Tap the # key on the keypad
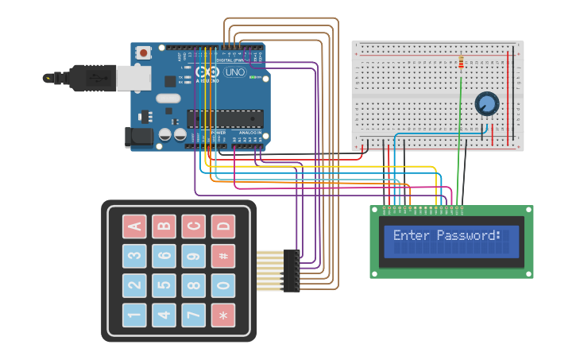pyautogui.click(x=223, y=256)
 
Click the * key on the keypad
pyautogui.click(x=223, y=315)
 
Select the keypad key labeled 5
pyautogui.click(x=164, y=285)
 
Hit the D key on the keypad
pyautogui.click(x=223, y=226)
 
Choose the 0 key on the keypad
pyautogui.click(x=223, y=285)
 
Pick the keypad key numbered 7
pyautogui.click(x=193, y=315)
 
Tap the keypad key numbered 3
pyautogui.click(x=134, y=256)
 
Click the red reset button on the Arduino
pyautogui.click(x=143, y=53)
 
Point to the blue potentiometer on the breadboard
pyautogui.click(x=486, y=103)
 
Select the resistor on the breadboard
pyautogui.click(x=462, y=62)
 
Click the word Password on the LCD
pyautogui.click(x=469, y=235)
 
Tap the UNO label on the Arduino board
pyautogui.click(x=235, y=72)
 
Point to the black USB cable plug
pyautogui.click(x=91, y=77)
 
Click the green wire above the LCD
pyautogui.click(x=458, y=151)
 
